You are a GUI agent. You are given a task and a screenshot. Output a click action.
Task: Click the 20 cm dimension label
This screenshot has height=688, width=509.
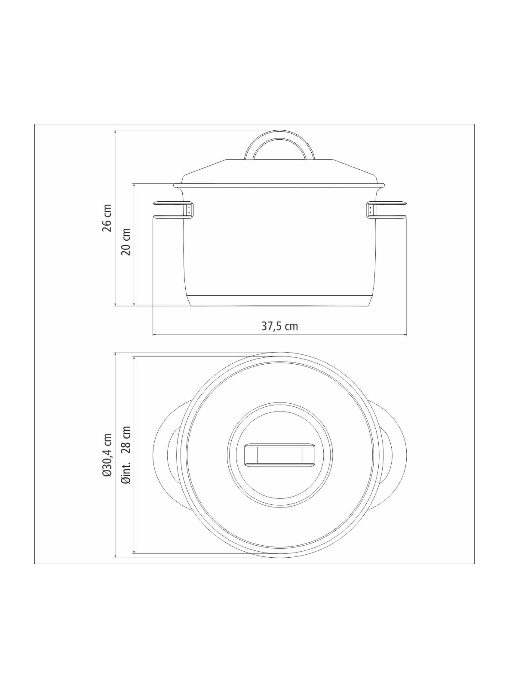click(x=127, y=242)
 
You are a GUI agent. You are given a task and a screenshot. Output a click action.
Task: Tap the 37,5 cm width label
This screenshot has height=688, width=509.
click(x=280, y=326)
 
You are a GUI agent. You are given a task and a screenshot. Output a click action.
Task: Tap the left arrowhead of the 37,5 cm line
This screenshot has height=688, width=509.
click(x=155, y=335)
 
